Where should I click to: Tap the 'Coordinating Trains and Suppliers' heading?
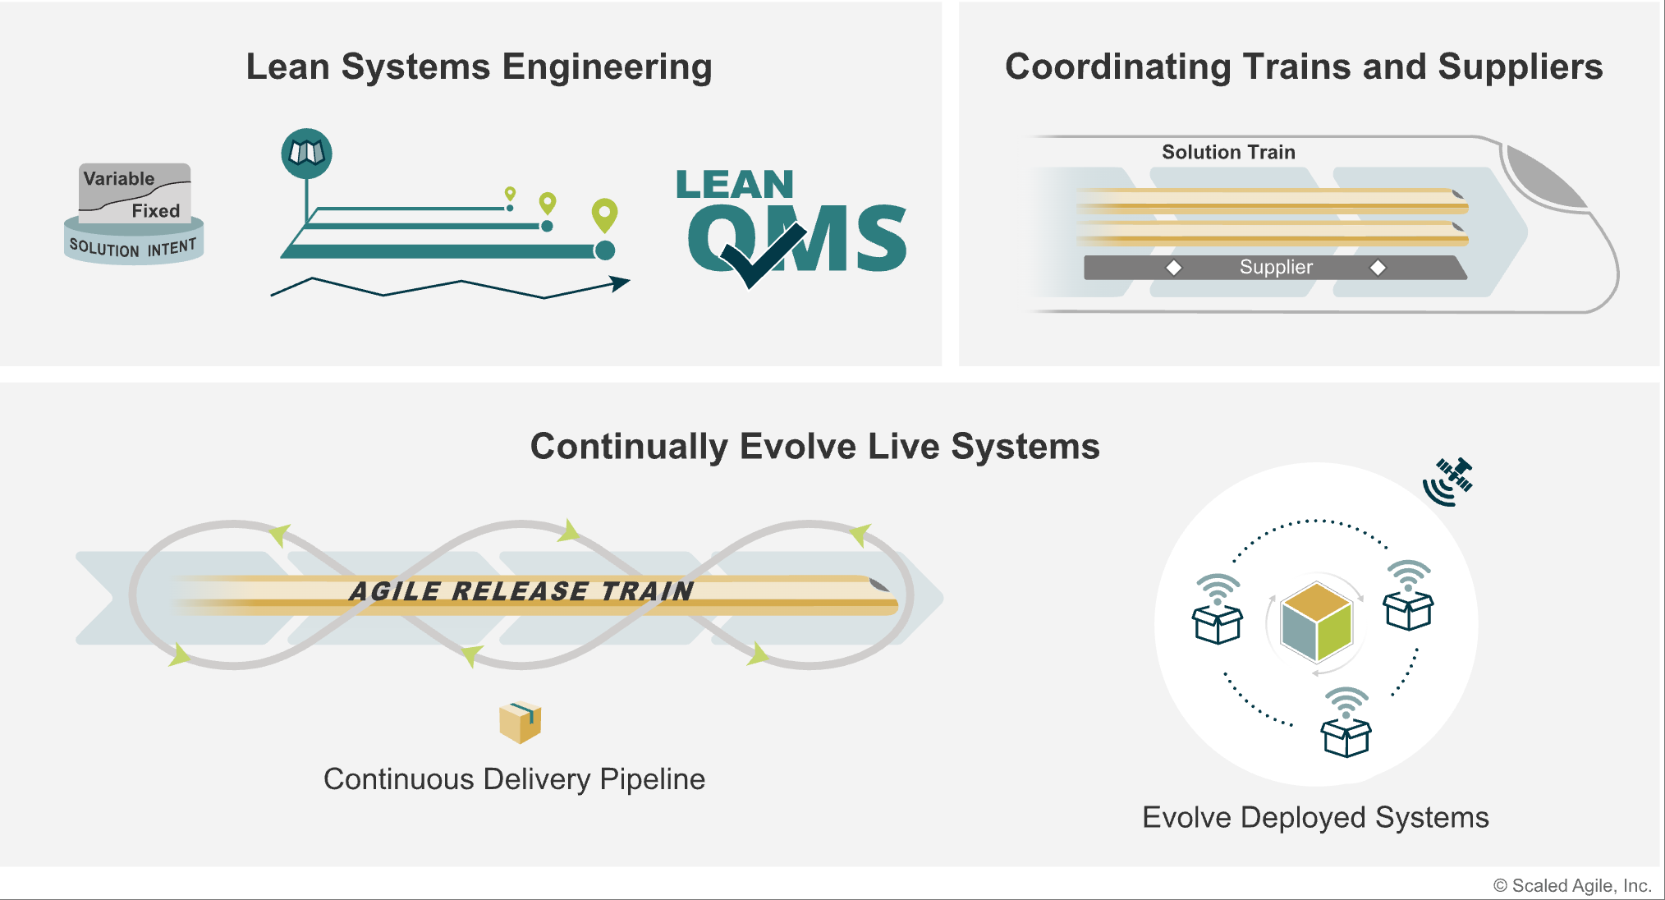(x=1304, y=67)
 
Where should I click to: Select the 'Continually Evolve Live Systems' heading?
(x=814, y=447)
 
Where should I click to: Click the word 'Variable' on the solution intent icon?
(x=119, y=178)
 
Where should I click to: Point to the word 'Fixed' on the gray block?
(x=156, y=211)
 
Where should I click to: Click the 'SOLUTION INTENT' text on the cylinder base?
(x=133, y=247)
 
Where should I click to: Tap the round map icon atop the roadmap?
(x=306, y=154)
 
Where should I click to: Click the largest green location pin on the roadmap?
(x=604, y=215)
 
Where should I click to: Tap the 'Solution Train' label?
(x=1228, y=152)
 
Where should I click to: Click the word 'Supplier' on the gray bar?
(x=1276, y=267)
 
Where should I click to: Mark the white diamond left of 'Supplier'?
(x=1174, y=268)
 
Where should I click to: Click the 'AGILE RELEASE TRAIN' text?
(x=521, y=591)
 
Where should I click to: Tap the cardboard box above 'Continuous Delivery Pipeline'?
(x=520, y=723)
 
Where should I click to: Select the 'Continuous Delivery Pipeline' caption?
(x=514, y=779)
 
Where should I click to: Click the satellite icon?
(x=1448, y=481)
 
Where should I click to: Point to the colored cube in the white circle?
(x=1316, y=622)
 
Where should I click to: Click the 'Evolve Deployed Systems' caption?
(x=1315, y=818)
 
